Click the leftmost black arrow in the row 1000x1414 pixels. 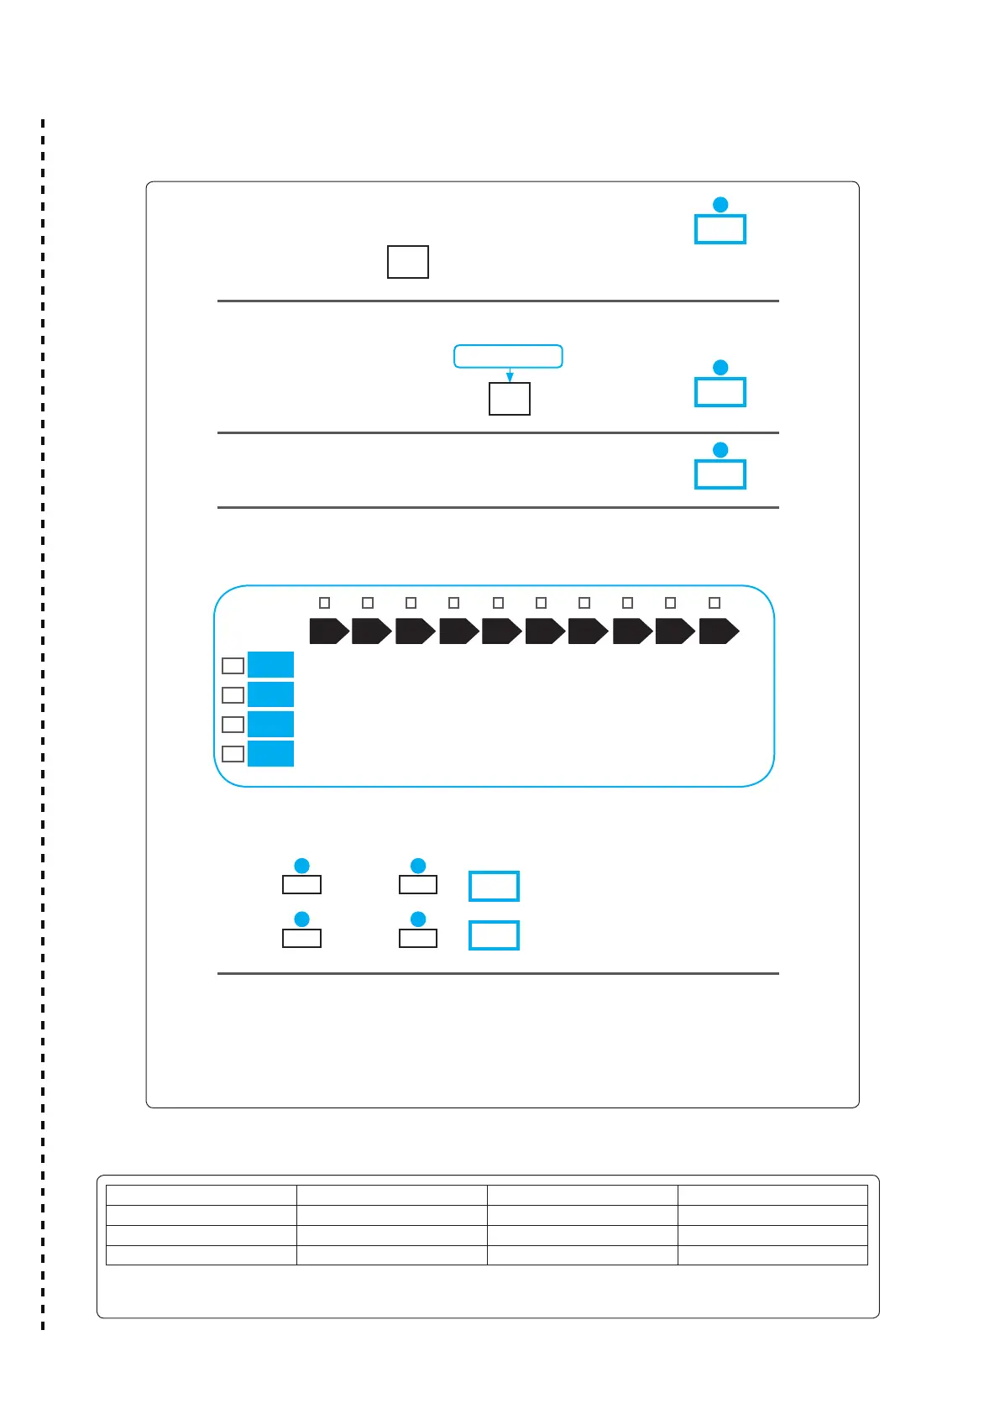click(x=328, y=631)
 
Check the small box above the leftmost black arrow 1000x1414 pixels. click(x=325, y=603)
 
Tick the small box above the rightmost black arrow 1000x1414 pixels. click(x=715, y=603)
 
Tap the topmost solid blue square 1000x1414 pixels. click(x=270, y=665)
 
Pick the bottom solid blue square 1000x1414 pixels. click(x=270, y=753)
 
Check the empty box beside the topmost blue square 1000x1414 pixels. click(x=233, y=666)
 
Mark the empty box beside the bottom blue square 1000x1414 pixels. click(x=233, y=754)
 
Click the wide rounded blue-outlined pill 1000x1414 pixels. click(x=508, y=356)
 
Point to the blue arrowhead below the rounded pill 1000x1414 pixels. click(x=510, y=378)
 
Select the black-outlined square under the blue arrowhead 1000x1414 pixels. click(x=510, y=399)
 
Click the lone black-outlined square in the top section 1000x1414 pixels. click(x=408, y=262)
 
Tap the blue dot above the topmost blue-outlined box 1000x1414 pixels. click(x=720, y=205)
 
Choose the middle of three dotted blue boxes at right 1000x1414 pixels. click(x=720, y=392)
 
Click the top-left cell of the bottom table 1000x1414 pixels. click(x=202, y=1196)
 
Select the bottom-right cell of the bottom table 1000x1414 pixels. click(x=772, y=1255)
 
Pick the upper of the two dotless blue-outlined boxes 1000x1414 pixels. click(x=494, y=886)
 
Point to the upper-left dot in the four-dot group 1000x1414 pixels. click(x=302, y=866)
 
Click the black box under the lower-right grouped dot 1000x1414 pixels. click(x=418, y=939)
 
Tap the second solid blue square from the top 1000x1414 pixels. click(x=270, y=694)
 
